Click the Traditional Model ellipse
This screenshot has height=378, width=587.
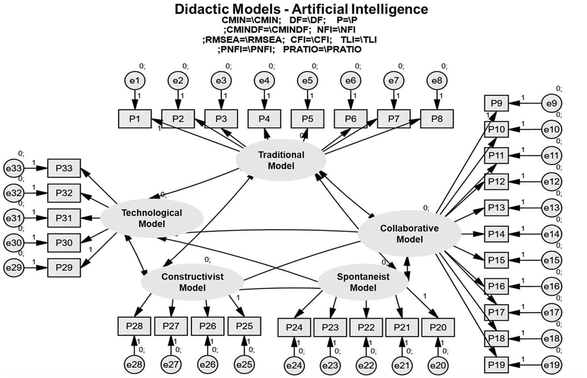281,160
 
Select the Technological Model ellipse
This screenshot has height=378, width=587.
152,218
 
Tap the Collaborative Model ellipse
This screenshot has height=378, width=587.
409,234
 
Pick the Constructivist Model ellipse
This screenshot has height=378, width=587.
192,282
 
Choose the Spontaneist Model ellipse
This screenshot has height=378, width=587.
363,282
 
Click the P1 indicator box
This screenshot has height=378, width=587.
135,119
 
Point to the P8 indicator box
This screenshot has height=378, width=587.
437,119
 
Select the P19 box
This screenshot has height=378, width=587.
496,365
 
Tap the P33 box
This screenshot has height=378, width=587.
64,168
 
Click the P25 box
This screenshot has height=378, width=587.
244,326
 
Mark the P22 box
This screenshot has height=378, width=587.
366,327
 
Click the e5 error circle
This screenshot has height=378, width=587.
307,81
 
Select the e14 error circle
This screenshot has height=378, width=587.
552,234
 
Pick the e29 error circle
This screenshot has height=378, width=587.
14,267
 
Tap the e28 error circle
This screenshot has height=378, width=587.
134,364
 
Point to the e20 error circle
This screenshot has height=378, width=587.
438,365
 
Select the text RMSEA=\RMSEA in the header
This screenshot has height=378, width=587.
243,40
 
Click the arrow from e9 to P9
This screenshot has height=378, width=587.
525,103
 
